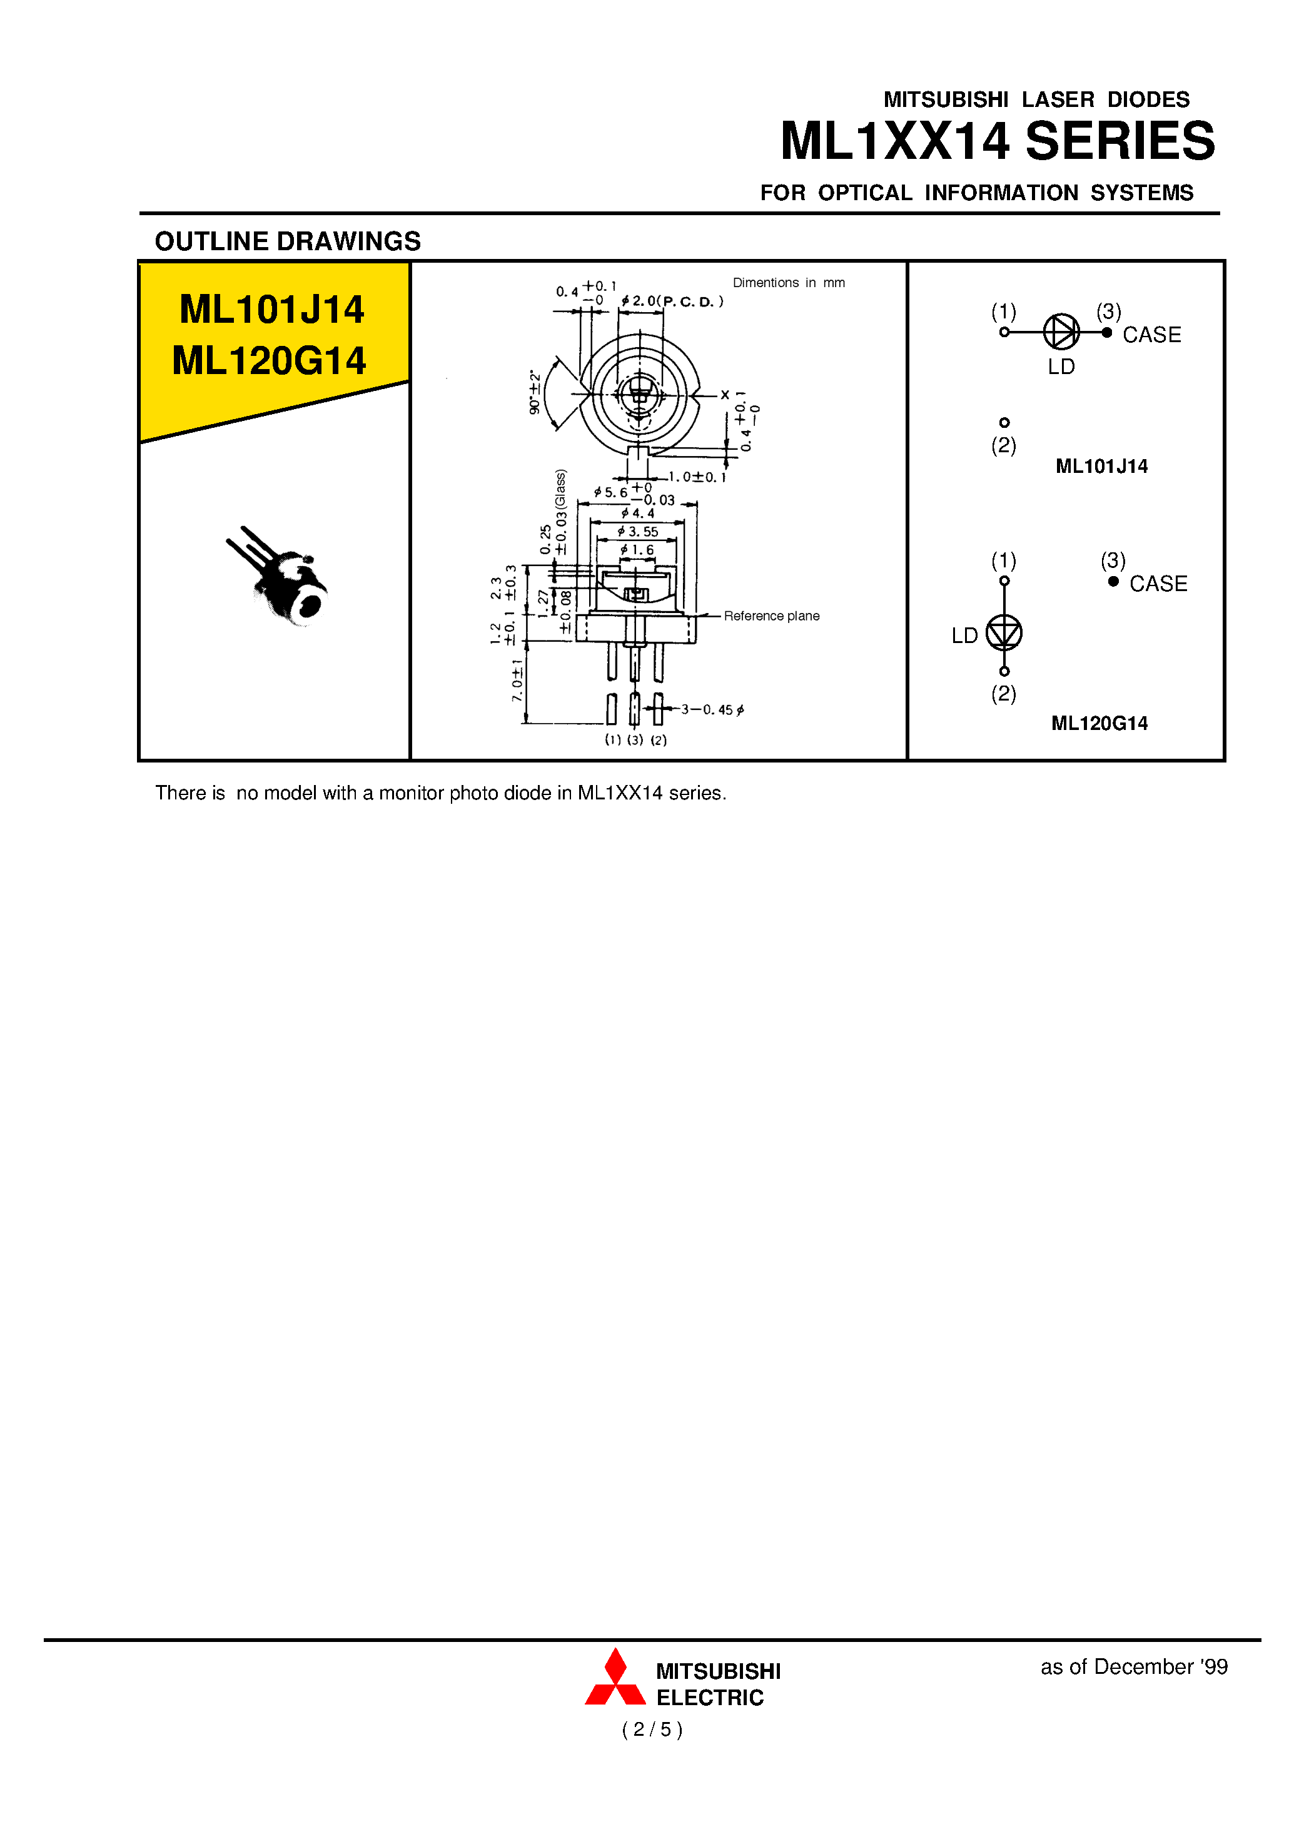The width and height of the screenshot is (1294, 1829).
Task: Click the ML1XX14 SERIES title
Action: coord(997,141)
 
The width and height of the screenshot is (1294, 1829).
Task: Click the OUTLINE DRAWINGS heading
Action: coord(288,241)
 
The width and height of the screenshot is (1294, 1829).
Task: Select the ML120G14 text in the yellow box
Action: coord(270,361)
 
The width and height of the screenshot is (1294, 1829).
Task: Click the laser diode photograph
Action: coord(283,578)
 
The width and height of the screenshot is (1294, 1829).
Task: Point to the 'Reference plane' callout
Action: coord(771,616)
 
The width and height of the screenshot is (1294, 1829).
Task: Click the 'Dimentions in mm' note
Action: coord(788,283)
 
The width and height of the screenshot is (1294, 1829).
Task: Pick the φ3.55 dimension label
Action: coord(638,532)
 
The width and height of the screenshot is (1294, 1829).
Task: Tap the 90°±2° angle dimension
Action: coord(535,392)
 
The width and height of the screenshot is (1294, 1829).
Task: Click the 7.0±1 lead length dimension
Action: coord(517,680)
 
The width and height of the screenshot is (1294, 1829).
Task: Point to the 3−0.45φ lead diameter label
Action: coord(712,709)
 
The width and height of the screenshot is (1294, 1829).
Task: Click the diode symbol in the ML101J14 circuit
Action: coord(1061,332)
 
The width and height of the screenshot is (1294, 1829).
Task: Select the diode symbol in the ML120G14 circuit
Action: coord(1004,634)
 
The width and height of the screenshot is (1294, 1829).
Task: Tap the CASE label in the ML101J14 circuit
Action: coord(1151,335)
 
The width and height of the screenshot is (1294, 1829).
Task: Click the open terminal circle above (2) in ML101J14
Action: coord(1004,422)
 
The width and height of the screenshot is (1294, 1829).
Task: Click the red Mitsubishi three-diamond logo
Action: coord(615,1681)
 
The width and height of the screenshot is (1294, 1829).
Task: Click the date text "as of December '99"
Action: coord(1133,1667)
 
